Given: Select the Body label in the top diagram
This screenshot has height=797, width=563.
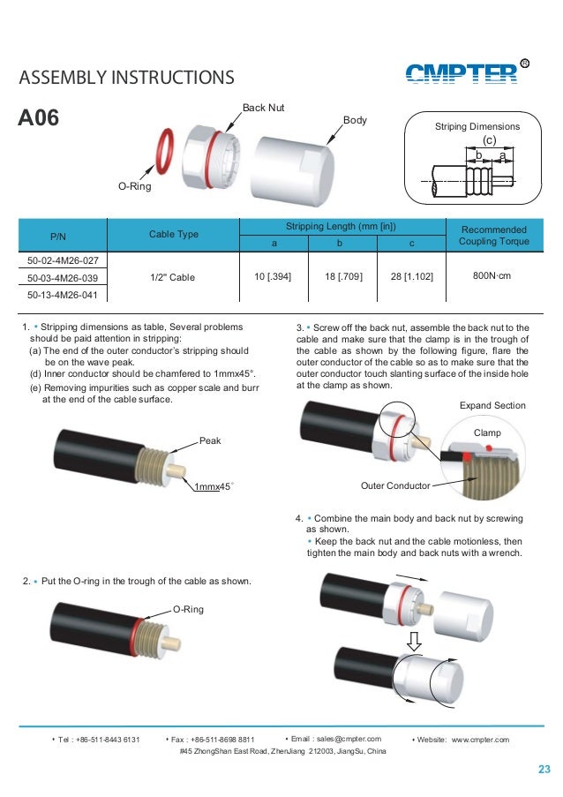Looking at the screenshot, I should [x=354, y=119].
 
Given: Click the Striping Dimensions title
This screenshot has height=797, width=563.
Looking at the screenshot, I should [x=477, y=127].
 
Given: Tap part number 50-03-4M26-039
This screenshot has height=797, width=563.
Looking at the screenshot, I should [x=62, y=277].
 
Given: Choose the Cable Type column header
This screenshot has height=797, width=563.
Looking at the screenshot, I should [x=174, y=234].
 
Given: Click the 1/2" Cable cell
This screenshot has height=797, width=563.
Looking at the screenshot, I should [x=173, y=276].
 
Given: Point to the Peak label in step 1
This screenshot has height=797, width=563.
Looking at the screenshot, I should [x=210, y=439].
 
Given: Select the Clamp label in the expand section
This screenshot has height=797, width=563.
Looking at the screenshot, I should [x=487, y=432].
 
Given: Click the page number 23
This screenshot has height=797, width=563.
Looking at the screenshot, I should [x=544, y=770].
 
